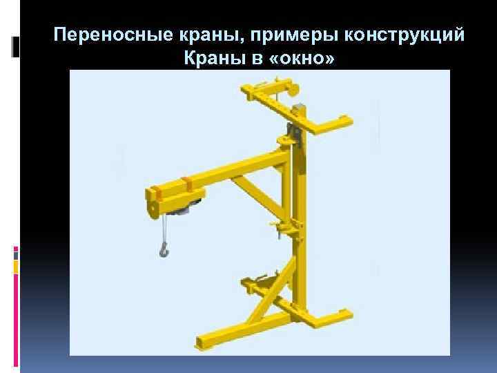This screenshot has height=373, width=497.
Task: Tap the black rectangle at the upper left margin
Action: coord(16,47)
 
